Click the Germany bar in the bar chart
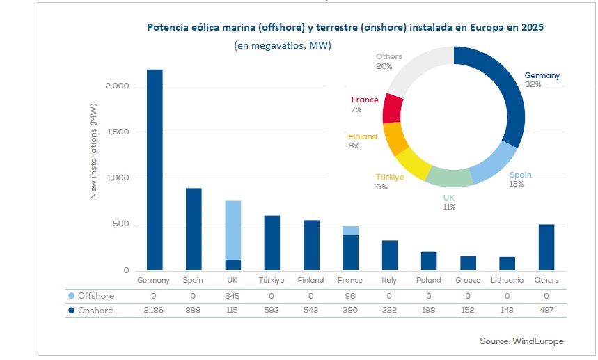pos(154,170)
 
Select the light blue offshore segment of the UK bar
pos(233,230)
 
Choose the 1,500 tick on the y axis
pos(116,132)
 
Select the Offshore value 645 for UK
pos(233,296)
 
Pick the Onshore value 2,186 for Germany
pos(154,311)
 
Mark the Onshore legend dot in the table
pos(72,311)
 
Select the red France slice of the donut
pos(393,108)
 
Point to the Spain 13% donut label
pos(520,180)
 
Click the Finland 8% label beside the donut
pos(363,141)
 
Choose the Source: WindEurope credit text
pos(521,341)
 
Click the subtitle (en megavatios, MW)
pos(282,46)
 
